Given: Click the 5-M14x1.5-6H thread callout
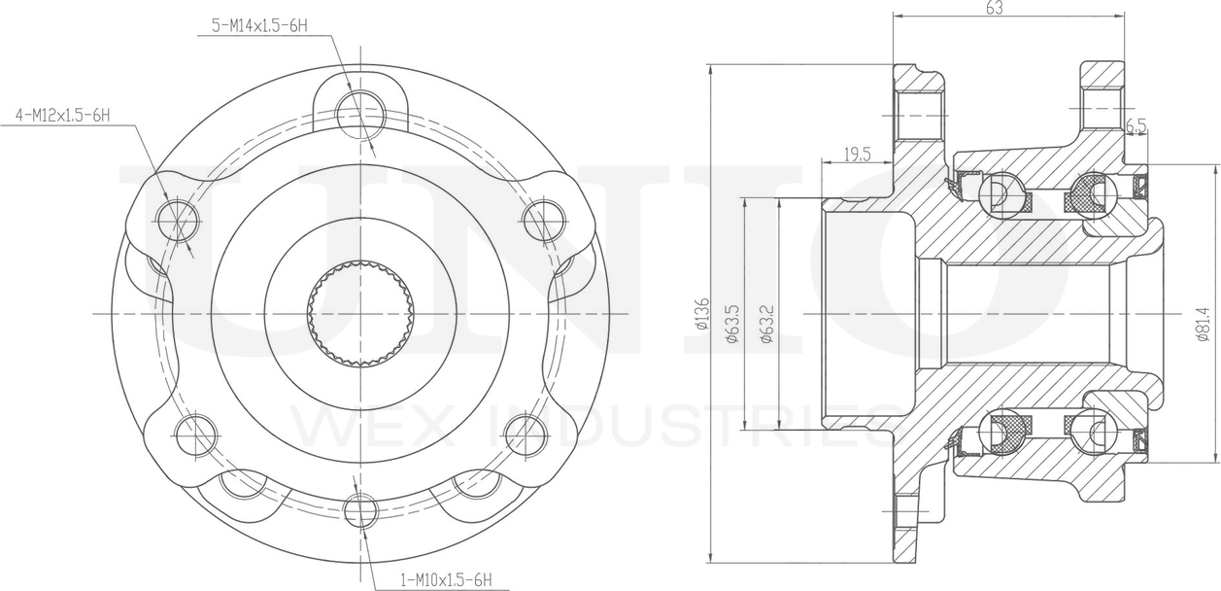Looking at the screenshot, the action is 259,25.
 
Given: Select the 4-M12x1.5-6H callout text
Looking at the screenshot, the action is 63,115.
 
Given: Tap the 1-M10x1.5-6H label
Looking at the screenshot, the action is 447,579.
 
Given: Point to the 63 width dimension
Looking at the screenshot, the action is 995,8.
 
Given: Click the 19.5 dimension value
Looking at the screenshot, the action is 858,155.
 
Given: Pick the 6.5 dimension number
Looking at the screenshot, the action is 1136,126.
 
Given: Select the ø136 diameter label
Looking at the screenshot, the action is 701,314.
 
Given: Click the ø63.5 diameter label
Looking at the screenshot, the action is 732,323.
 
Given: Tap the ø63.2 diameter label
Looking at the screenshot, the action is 767,323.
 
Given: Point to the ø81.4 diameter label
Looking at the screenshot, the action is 1204,324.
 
